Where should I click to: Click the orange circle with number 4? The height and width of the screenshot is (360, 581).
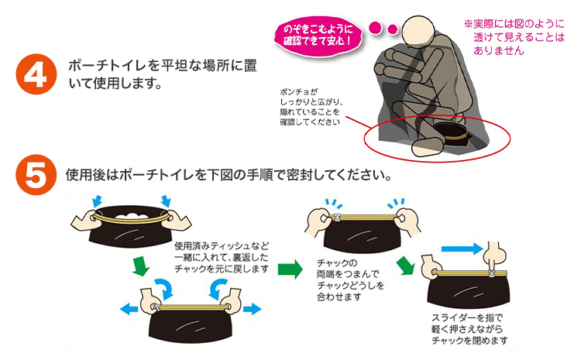point(36,76)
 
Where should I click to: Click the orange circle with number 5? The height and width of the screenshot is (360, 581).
point(36,174)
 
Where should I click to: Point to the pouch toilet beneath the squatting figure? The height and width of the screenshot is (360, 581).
point(452,129)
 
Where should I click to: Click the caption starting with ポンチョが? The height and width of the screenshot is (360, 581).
point(315,105)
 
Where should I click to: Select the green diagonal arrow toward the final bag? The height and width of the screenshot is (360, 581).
point(405,266)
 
